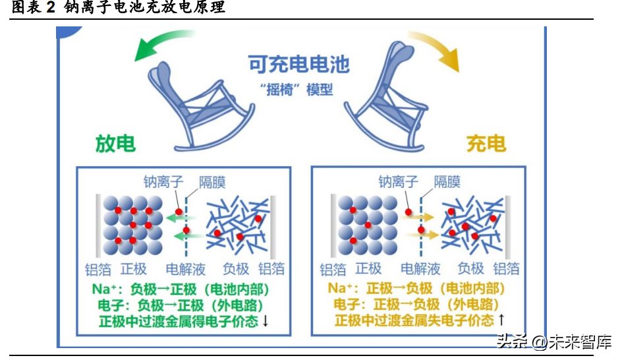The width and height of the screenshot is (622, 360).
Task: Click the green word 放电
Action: pyautogui.click(x=115, y=144)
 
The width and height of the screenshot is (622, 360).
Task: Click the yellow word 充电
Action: pyautogui.click(x=486, y=143)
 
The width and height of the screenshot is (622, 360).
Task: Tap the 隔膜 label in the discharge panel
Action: pyautogui.click(x=212, y=182)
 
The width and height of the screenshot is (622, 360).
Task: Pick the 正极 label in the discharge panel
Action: pyautogui.click(x=134, y=269)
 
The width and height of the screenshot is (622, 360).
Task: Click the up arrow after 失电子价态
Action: pyautogui.click(x=501, y=320)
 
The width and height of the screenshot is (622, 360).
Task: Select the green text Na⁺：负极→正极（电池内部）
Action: pyautogui.click(x=181, y=289)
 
